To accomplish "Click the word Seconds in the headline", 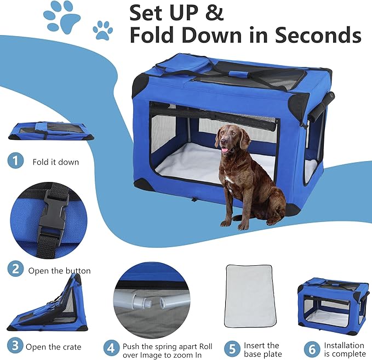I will click(x=318, y=35).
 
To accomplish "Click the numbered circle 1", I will click(x=16, y=161).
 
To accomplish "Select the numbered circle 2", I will click(x=16, y=270).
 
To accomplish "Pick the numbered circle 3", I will click(x=16, y=346).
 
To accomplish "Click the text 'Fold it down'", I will click(x=55, y=162).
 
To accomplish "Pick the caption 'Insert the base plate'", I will click(x=261, y=349).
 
